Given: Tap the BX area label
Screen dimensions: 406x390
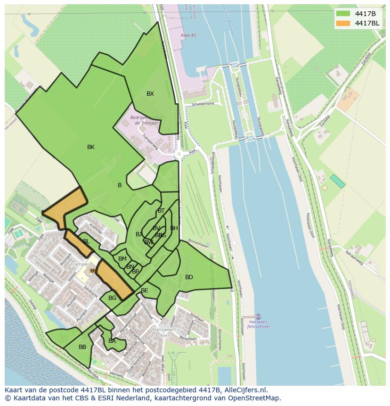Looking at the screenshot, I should [150, 94].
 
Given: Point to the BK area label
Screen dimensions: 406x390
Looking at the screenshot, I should [91, 147].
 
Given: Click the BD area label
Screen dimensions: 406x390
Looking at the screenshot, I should [189, 277].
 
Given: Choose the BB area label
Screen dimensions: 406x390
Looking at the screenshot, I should [82, 347].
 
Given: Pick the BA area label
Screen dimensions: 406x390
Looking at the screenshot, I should [112, 341].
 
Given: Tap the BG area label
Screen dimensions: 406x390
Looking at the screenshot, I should [112, 298].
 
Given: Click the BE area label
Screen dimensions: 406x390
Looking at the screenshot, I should [145, 290].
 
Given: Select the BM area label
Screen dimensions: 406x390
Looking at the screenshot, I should [122, 259].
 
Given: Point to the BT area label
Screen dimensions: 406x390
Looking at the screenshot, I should [162, 211].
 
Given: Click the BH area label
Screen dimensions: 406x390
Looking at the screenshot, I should [174, 228].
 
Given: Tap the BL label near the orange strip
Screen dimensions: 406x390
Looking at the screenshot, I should [86, 241].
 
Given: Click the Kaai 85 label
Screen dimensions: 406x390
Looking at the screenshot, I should [188, 35].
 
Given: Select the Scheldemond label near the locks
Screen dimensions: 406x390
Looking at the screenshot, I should [203, 103].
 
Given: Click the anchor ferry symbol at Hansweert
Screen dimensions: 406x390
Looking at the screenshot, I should [258, 316].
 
